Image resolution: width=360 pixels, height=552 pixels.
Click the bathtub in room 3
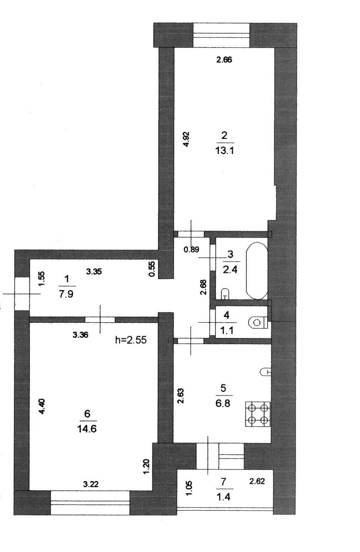(257, 270)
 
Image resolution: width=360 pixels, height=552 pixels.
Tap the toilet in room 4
(257, 322)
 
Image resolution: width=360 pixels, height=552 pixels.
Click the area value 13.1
(224, 151)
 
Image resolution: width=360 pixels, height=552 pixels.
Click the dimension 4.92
(186, 139)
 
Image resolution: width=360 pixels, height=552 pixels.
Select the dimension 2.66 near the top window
(224, 60)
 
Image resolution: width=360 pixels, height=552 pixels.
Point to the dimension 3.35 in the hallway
(94, 271)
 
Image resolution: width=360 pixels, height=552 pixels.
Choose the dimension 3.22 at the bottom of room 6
(91, 484)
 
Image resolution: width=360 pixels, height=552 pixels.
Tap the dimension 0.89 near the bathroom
(191, 249)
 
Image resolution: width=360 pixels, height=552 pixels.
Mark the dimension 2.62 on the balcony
(257, 481)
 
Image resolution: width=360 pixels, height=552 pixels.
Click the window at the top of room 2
(222, 35)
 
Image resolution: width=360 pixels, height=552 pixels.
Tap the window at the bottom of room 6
(90, 503)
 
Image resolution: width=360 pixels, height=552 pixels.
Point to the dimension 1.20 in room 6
(146, 467)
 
